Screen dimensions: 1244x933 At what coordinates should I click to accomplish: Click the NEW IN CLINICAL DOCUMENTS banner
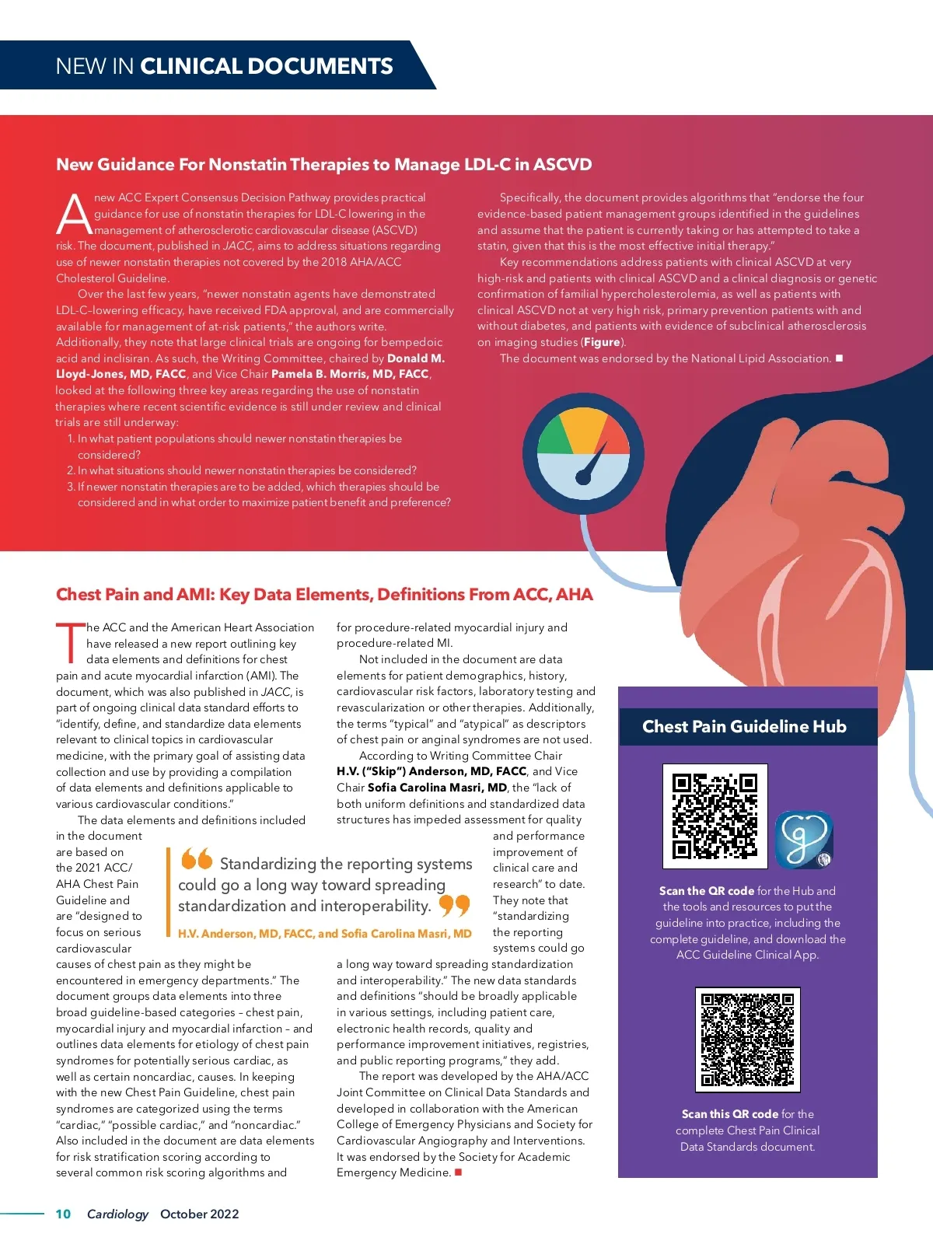pos(224,66)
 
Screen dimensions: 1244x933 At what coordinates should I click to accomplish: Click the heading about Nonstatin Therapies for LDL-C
pos(323,165)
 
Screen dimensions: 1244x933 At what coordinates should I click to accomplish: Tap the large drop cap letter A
pos(74,214)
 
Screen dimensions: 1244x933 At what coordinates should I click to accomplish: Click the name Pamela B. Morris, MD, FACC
pos(350,374)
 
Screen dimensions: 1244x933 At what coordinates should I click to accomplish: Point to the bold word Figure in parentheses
pos(602,342)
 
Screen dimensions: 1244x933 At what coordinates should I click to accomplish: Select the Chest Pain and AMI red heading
pos(323,595)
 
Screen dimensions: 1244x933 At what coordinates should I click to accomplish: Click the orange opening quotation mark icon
pos(197,859)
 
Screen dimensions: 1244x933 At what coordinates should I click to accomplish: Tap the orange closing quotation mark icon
pos(455,905)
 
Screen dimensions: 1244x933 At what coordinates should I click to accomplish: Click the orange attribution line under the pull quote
pos(324,934)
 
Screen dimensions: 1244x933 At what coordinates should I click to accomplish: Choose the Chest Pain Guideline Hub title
pos(744,727)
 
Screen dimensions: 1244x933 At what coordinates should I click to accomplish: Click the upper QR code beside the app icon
pos(715,816)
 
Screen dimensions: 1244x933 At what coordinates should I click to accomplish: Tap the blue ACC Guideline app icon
pos(804,840)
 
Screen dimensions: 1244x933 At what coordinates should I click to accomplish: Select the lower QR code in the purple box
pos(747,1040)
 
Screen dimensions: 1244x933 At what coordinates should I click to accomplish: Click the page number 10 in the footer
pos(63,1214)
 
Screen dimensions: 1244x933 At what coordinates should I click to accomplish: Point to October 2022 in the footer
pos(199,1214)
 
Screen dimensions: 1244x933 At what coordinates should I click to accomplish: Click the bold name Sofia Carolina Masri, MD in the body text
pos(437,788)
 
